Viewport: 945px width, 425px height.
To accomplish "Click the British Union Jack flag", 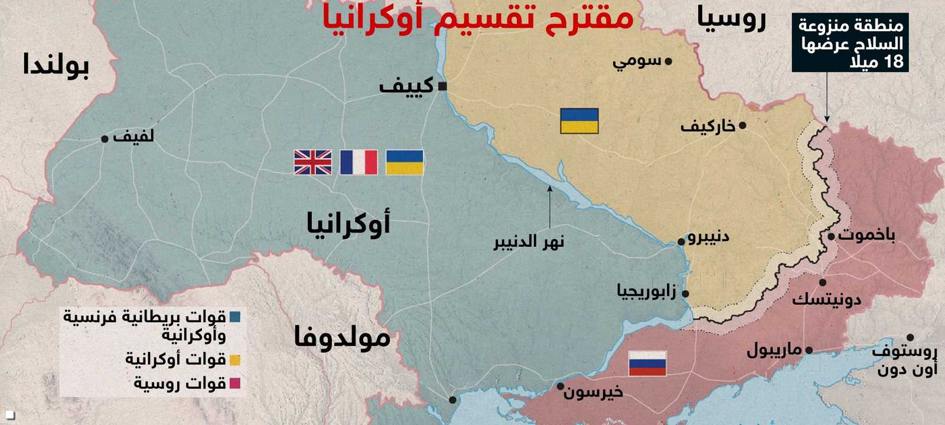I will [313, 162].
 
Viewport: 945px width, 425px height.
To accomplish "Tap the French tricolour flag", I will [359, 162].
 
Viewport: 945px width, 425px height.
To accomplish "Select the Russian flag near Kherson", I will [647, 363].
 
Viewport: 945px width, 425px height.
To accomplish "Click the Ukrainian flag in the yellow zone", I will [579, 120].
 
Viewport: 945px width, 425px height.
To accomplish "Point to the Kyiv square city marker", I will [442, 86].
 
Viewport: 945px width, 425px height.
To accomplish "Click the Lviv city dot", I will [105, 139].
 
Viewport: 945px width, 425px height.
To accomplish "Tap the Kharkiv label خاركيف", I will [708, 126].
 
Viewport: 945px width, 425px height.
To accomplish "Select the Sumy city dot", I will [669, 61].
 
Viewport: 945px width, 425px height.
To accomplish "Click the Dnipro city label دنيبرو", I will [708, 237].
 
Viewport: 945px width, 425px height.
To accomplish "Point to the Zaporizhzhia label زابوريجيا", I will [646, 291].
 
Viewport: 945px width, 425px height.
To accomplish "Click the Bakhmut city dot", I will [831, 237].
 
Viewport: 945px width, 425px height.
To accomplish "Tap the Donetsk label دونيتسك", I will [826, 299].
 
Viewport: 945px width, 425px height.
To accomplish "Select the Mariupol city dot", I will [809, 350].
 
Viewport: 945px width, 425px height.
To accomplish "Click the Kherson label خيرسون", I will [593, 392].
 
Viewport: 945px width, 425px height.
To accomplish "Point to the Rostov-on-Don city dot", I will [910, 338].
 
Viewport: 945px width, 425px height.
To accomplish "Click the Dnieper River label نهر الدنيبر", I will [529, 241].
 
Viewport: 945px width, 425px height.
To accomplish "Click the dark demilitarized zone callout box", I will [850, 43].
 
